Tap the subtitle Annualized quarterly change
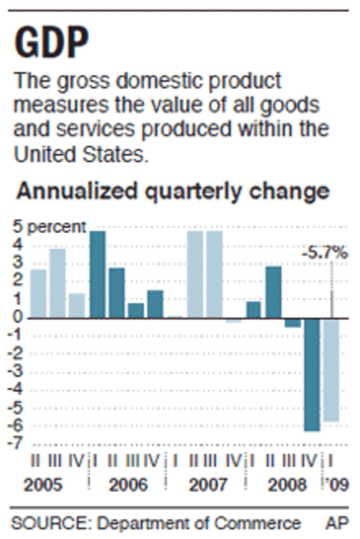tap(173, 191)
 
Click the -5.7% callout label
tap(325, 253)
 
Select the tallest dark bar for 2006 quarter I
tap(98, 274)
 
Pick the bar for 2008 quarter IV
tap(312, 375)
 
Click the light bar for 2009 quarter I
tap(331, 370)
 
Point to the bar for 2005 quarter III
tap(57, 283)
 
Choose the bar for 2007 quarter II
tap(195, 274)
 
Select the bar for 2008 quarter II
tap(273, 292)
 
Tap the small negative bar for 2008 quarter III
tap(293, 323)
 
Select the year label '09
tap(337, 485)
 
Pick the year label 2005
tap(43, 485)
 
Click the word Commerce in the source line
tap(258, 523)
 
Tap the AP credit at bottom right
tap(337, 523)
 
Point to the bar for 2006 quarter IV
tap(155, 304)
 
